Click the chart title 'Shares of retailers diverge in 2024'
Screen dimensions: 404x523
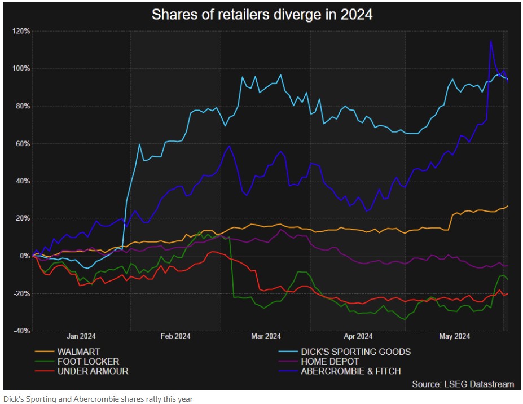pos(262,15)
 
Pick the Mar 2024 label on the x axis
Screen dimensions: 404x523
pos(265,337)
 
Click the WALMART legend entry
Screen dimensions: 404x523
pos(78,352)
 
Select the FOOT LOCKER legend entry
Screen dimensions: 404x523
pos(87,361)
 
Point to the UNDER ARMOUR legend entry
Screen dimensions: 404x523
pos(93,371)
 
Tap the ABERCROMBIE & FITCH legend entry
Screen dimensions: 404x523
pos(351,371)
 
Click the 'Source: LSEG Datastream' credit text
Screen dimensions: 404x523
pos(463,384)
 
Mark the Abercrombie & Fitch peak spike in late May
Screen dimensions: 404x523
pos(491,41)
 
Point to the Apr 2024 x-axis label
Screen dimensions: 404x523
pos(358,337)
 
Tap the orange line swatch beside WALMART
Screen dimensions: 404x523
pos(43,352)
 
